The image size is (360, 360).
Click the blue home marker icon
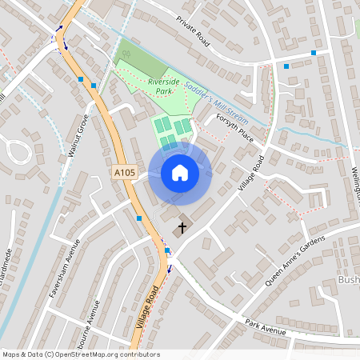180,173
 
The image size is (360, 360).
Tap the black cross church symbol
182,228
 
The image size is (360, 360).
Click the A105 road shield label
124,172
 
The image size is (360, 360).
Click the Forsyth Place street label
234,127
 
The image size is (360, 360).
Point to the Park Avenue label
266,327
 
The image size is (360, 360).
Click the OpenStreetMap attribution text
80,354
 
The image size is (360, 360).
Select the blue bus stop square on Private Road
314,53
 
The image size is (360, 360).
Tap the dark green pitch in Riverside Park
135,59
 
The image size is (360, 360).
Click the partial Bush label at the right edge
350,281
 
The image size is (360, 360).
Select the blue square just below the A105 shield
140,218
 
